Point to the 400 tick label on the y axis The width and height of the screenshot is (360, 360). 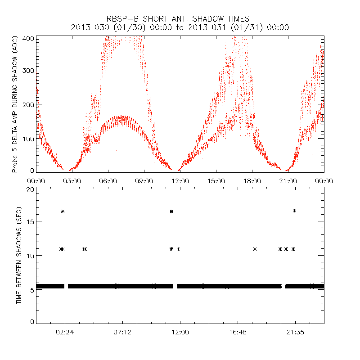(28, 38)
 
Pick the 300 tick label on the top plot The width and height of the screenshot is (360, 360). (28, 71)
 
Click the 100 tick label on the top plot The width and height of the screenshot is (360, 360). (28, 138)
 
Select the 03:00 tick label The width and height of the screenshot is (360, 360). (72, 181)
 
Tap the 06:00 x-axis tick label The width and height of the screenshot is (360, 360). (108, 181)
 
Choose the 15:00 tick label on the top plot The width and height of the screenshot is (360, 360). (216, 181)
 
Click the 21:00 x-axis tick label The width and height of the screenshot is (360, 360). (288, 181)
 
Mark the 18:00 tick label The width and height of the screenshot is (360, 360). (252, 181)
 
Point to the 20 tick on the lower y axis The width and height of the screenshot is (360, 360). (30, 189)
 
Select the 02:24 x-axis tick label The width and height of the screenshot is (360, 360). (65, 332)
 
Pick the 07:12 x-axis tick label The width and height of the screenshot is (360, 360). (122, 332)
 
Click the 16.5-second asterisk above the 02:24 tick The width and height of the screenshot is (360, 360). (63, 211)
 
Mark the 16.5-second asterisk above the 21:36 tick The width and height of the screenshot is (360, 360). (294, 211)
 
